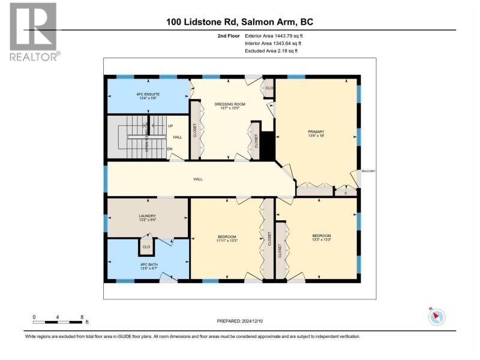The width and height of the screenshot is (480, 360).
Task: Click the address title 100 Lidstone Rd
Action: (202, 22)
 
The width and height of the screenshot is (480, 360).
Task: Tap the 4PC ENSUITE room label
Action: (148, 96)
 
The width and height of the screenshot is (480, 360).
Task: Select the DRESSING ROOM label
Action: (230, 106)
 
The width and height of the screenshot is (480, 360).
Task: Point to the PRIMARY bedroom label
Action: (316, 133)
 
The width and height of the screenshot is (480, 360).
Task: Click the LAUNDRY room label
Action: (148, 218)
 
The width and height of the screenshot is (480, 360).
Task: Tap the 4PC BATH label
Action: (149, 266)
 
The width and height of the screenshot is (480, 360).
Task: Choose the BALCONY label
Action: (368, 171)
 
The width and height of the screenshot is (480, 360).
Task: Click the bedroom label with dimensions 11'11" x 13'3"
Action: (227, 238)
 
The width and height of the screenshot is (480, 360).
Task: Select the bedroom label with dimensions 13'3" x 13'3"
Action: (322, 238)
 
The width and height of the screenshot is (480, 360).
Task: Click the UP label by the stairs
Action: (170, 126)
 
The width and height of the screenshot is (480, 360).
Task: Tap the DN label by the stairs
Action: (170, 149)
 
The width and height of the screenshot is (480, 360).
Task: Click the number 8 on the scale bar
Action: (82, 317)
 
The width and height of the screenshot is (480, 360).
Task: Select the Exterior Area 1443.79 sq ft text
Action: (274, 36)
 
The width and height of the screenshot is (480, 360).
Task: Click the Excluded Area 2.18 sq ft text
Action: (271, 51)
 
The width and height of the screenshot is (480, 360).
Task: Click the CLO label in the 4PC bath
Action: (146, 247)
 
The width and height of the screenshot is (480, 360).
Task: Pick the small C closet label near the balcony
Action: (346, 193)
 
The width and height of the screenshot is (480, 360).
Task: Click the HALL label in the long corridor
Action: (198, 179)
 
